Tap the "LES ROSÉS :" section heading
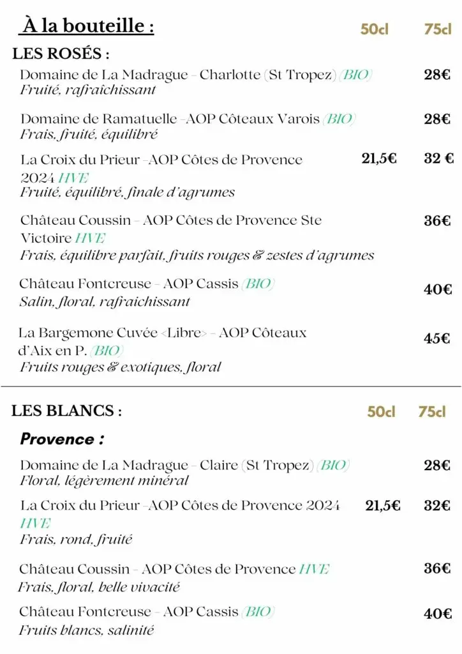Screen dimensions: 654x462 [61, 54]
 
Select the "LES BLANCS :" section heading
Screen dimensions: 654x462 [66, 411]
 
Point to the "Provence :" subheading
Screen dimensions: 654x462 [62, 439]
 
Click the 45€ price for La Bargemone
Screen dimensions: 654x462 [437, 338]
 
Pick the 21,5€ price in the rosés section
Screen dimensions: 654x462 [379, 159]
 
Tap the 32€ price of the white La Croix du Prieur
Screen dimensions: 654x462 [438, 506]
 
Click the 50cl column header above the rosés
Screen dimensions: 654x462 [375, 29]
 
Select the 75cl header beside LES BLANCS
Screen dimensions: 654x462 [432, 412]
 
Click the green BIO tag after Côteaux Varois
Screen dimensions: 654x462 [339, 119]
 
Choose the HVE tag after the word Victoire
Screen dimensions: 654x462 [90, 238]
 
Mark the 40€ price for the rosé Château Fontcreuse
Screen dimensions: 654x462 [438, 289]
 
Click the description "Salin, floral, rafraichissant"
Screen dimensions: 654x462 [105, 301]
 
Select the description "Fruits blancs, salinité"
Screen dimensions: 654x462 [86, 630]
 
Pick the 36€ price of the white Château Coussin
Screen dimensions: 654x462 [438, 568]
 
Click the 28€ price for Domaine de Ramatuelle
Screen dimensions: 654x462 [438, 119]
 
